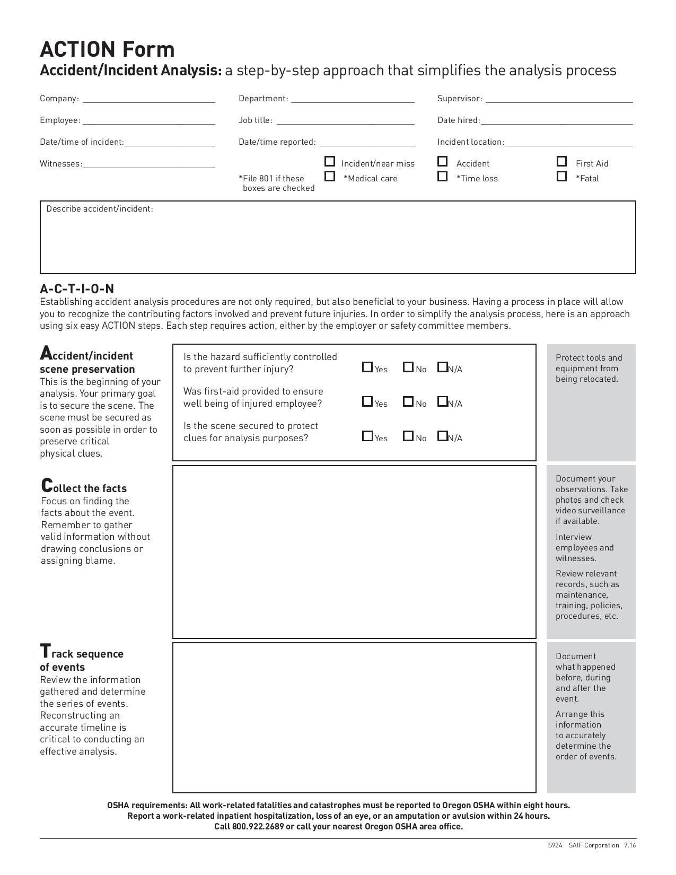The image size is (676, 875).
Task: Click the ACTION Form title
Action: click(x=107, y=49)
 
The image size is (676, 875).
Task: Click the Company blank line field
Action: click(x=148, y=99)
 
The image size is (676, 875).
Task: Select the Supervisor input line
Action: click(x=559, y=99)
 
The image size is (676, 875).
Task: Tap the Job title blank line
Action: click(x=345, y=121)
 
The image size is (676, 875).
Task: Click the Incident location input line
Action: click(x=569, y=143)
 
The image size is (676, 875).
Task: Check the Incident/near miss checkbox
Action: click(x=330, y=161)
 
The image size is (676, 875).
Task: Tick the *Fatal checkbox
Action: click(x=562, y=176)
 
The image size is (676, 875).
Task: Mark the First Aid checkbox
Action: click(x=562, y=161)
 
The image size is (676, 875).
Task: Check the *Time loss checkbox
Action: click(x=443, y=176)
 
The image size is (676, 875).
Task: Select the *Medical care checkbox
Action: click(x=330, y=176)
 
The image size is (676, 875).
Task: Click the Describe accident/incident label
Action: click(x=100, y=209)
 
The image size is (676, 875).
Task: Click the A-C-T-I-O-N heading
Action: click(x=77, y=289)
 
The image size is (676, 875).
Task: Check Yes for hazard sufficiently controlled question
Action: click(x=367, y=367)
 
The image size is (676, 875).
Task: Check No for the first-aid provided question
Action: click(x=408, y=401)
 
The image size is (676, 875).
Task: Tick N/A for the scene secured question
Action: click(x=442, y=436)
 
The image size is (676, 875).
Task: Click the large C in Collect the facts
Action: click(x=47, y=485)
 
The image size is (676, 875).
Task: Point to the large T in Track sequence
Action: click(x=46, y=651)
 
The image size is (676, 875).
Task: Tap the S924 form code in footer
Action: click(x=555, y=845)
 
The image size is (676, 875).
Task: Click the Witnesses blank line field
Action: click(x=148, y=164)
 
